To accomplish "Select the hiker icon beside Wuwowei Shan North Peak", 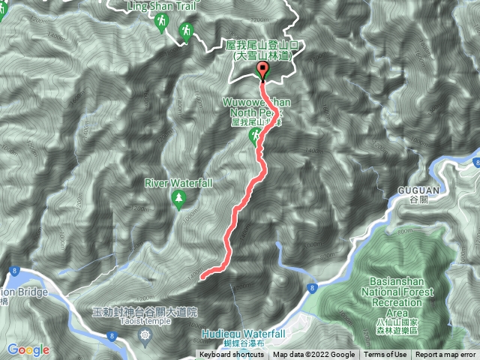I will tap(256, 134).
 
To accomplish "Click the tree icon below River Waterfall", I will tap(179, 198).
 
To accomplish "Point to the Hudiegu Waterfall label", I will tap(244, 333).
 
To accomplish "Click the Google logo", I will tap(28, 349).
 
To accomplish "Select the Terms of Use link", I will tap(385, 355).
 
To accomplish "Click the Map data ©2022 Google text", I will tap(313, 355).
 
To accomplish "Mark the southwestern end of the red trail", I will tap(202, 277).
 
